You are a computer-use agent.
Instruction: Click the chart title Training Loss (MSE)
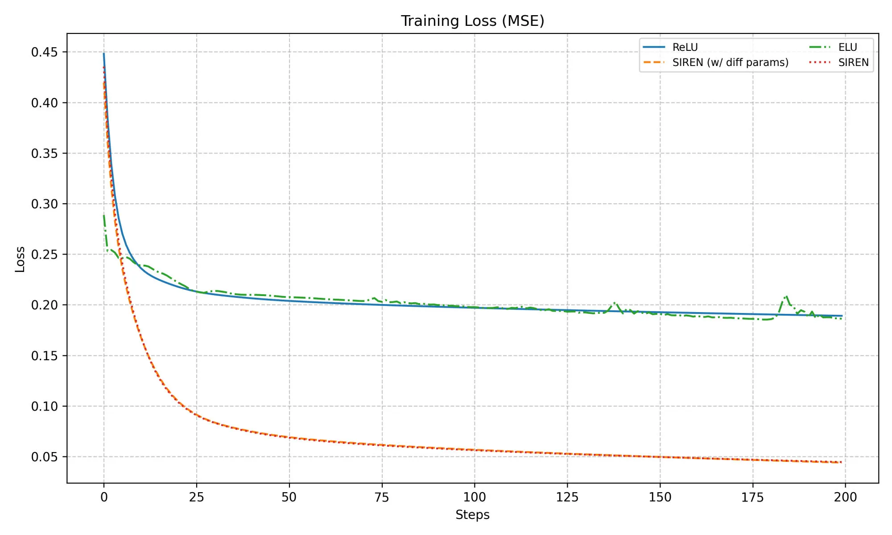[x=472, y=21]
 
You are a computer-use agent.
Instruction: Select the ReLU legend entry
[x=685, y=47]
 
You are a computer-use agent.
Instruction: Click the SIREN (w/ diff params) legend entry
[x=730, y=62]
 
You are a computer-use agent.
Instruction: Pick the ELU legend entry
[x=847, y=47]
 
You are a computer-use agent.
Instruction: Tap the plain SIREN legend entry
[x=853, y=62]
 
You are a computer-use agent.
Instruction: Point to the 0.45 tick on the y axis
[x=44, y=52]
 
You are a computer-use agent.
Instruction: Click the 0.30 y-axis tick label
[x=44, y=204]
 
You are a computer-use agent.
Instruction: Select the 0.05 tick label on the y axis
[x=44, y=457]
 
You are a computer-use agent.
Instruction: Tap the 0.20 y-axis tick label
[x=44, y=305]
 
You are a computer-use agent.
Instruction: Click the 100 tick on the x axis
[x=475, y=497]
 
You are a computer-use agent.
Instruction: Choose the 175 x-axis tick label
[x=752, y=497]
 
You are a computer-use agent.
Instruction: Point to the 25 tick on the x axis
[x=197, y=497]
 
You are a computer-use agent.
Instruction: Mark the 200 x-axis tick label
[x=845, y=497]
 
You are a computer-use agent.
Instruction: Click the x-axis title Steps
[x=472, y=515]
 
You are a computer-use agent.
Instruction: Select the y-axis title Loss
[x=20, y=259]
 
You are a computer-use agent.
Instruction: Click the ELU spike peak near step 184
[x=786, y=296]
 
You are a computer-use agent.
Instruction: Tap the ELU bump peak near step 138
[x=615, y=303]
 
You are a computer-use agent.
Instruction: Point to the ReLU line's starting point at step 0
[x=104, y=53]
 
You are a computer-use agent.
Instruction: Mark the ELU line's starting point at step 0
[x=104, y=215]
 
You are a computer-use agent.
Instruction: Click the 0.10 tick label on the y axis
[x=44, y=406]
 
